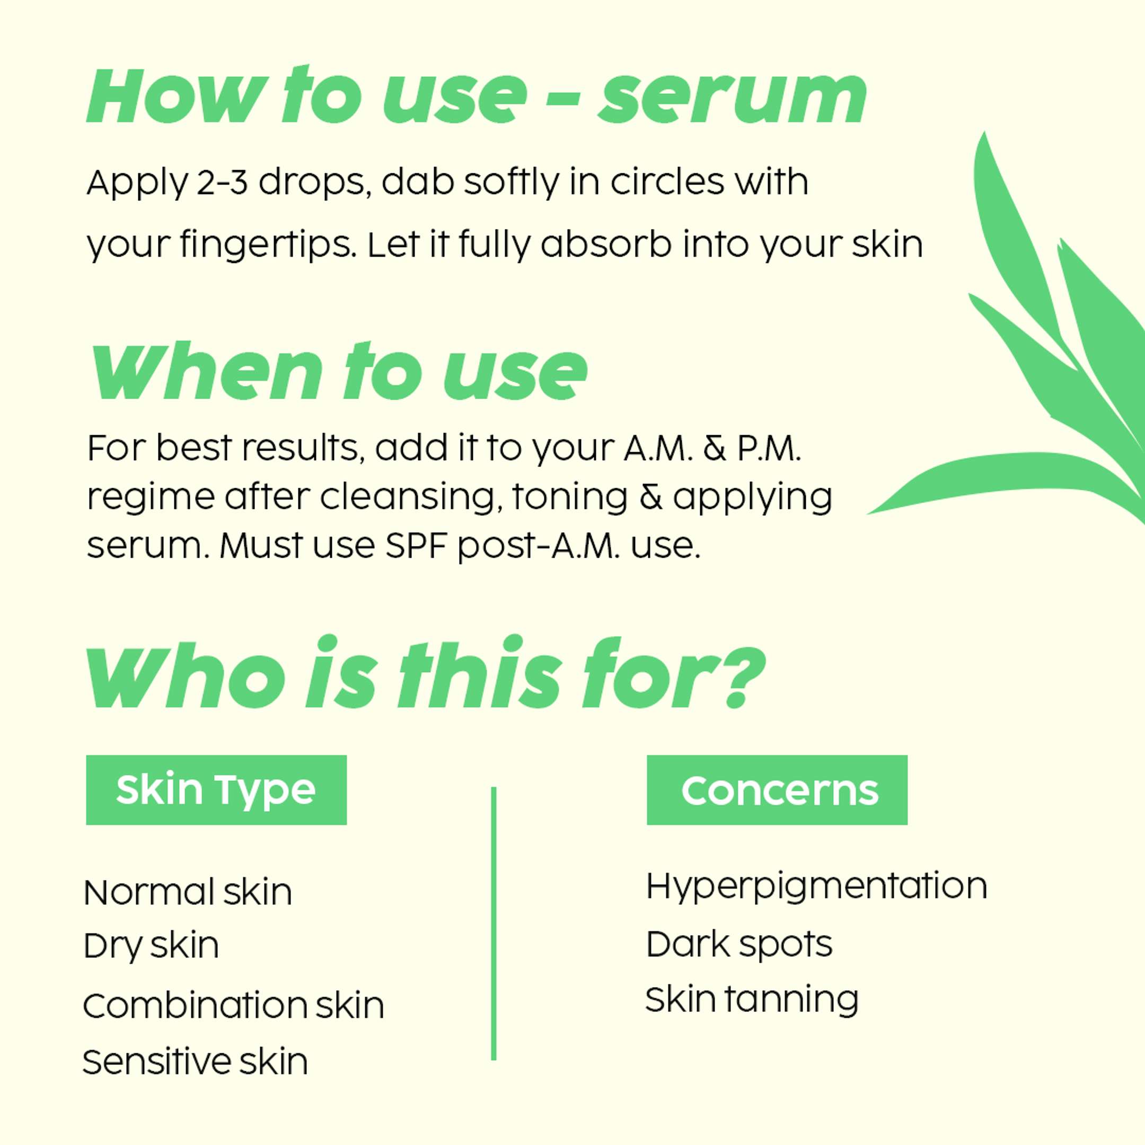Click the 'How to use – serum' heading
(477, 96)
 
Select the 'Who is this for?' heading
(426, 672)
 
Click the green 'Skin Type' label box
(216, 789)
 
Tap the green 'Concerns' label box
(777, 789)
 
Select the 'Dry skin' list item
(151, 946)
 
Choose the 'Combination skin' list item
(233, 1005)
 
